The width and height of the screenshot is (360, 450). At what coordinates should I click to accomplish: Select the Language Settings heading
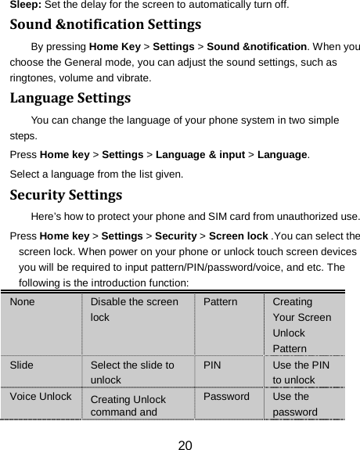[x=70, y=100]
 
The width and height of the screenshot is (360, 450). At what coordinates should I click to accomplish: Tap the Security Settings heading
[x=65, y=193]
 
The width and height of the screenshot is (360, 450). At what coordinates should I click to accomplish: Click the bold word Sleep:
[x=26, y=5]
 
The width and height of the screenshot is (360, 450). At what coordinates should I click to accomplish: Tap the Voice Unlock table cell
[x=41, y=397]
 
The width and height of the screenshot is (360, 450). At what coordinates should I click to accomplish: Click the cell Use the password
[x=296, y=404]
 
